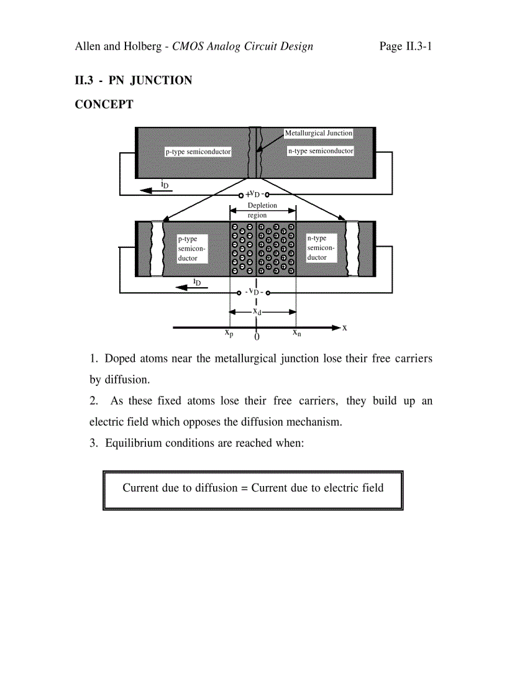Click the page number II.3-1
(405, 47)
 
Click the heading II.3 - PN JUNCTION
(134, 80)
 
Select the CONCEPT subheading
(104, 104)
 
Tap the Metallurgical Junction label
(318, 133)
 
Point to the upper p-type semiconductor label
(198, 152)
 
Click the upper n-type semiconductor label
(320, 151)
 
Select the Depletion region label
(262, 210)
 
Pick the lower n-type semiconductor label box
(321, 248)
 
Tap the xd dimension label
(257, 311)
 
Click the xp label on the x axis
(229, 333)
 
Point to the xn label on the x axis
(297, 333)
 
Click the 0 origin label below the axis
(257, 337)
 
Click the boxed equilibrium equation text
(253, 488)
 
